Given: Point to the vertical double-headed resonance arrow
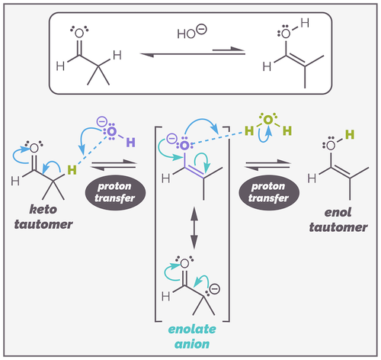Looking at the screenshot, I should pos(196,227).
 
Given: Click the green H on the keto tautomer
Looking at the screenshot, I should pos(70,170).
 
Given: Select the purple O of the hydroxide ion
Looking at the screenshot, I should pos(111,133).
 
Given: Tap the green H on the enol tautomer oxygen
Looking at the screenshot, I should pos(349,135).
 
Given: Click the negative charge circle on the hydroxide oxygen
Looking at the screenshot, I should pos(102,121).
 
